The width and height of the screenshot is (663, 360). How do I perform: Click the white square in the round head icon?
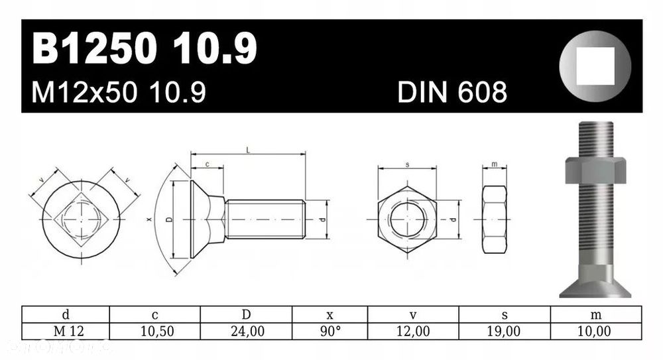click(595, 66)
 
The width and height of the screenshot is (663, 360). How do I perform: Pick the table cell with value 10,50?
click(155, 331)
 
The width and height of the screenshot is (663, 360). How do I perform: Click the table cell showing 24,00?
click(247, 331)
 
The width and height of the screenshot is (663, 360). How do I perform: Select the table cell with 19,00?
click(505, 331)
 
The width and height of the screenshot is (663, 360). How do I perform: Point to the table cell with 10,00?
click(595, 331)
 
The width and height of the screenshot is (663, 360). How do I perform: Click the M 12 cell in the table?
click(66, 331)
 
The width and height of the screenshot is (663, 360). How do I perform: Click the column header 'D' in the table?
click(247, 314)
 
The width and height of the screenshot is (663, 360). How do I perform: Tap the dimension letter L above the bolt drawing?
click(248, 150)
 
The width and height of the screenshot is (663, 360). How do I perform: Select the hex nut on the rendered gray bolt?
click(595, 170)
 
